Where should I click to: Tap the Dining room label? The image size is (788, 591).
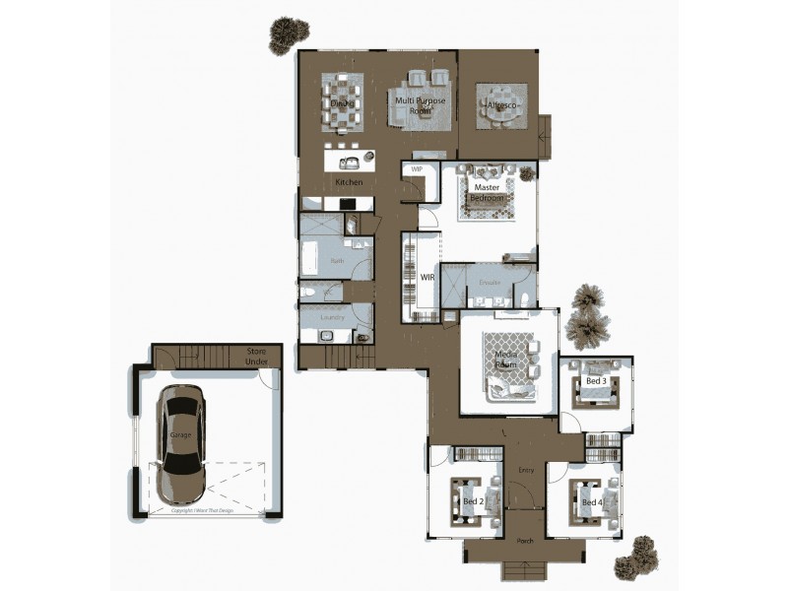pos(342,102)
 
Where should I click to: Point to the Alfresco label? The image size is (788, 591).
pos(501,103)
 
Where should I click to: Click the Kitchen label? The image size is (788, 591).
pos(349,182)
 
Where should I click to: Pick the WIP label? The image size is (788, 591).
pos(417,169)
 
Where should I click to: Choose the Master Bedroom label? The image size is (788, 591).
pos(488,192)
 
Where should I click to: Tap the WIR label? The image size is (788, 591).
pos(427,278)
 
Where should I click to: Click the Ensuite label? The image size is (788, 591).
pos(491,283)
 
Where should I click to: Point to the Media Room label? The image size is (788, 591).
pos(505,360)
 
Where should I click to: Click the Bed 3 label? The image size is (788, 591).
pos(595,381)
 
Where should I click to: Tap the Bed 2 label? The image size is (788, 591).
pos(472,501)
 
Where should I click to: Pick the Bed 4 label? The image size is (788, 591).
pos(591,502)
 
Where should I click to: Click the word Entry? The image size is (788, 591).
pos(526,470)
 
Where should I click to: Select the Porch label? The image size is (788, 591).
pos(526,541)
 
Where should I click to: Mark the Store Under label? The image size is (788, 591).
pos(257,356)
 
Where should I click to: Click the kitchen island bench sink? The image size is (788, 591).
pos(349,164)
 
